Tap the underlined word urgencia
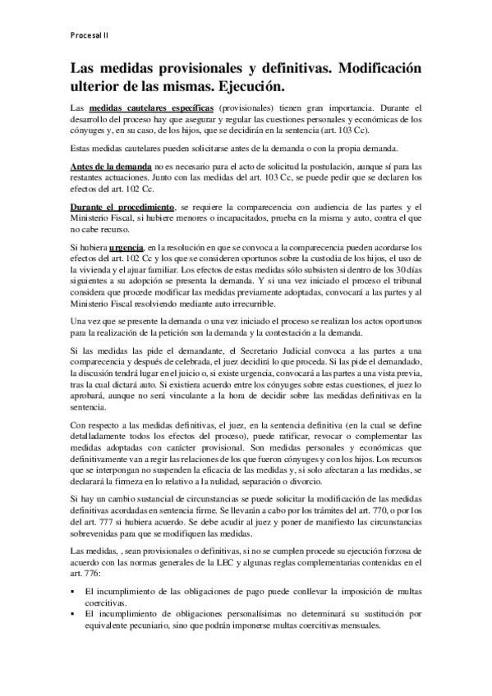pos(126,246)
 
